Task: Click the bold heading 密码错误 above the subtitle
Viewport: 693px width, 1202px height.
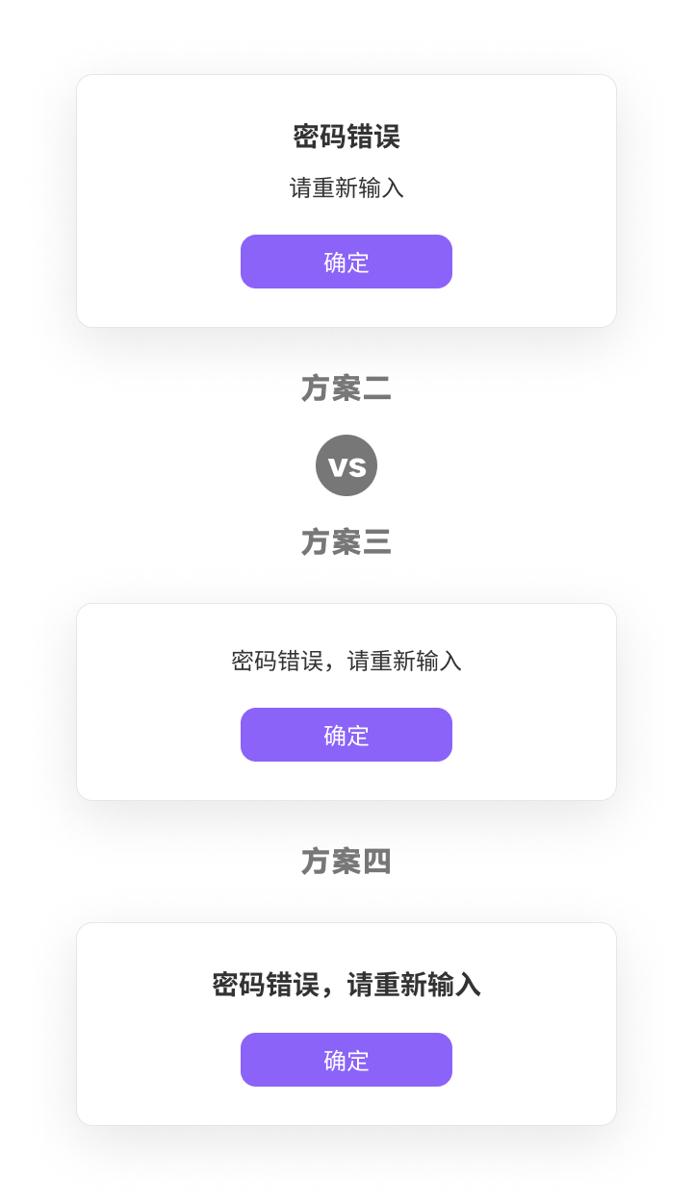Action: coord(346,137)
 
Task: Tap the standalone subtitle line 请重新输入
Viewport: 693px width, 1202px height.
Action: coord(346,188)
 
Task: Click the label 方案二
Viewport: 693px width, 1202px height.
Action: coord(346,388)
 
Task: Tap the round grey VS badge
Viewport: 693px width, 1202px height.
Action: coord(346,465)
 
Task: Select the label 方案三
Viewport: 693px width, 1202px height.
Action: coord(346,542)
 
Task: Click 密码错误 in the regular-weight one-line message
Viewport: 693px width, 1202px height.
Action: coord(277,662)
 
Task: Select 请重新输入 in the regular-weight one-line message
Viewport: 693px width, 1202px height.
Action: coord(404,662)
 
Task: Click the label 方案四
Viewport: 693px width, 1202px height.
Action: coord(346,862)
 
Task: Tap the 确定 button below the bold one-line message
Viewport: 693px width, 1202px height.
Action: coord(346,1060)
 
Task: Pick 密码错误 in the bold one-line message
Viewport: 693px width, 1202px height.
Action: coord(266,986)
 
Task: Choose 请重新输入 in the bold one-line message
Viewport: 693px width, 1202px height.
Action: coord(414,986)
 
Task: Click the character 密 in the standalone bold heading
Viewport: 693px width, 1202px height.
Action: coord(306,137)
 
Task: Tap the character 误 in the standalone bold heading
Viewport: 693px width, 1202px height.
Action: coord(387,137)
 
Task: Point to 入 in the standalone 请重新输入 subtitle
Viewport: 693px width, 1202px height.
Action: coord(393,188)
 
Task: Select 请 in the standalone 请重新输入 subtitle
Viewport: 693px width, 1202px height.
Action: coord(301,188)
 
